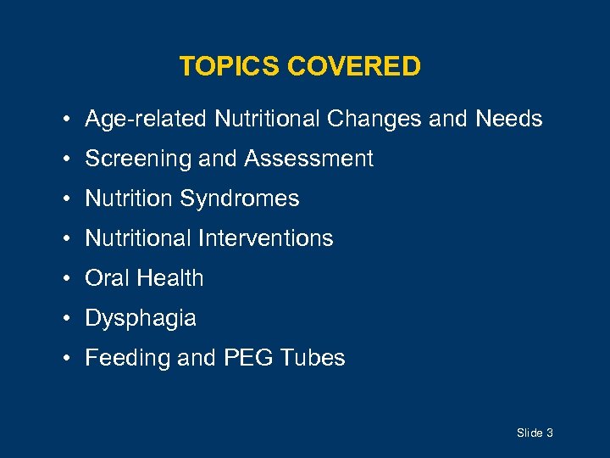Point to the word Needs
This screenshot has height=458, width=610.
coord(508,119)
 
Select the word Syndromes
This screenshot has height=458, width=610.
coord(240,199)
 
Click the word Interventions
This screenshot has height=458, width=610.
coord(266,238)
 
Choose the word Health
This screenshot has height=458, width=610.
coord(169,278)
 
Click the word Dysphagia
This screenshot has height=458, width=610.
coord(141,319)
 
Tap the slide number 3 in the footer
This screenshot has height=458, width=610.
coord(550,433)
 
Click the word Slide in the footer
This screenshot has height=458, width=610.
coord(530,433)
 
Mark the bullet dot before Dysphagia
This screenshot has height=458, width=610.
coord(66,319)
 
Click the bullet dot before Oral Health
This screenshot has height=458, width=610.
coord(66,279)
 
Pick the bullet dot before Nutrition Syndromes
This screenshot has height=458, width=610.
coord(66,199)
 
